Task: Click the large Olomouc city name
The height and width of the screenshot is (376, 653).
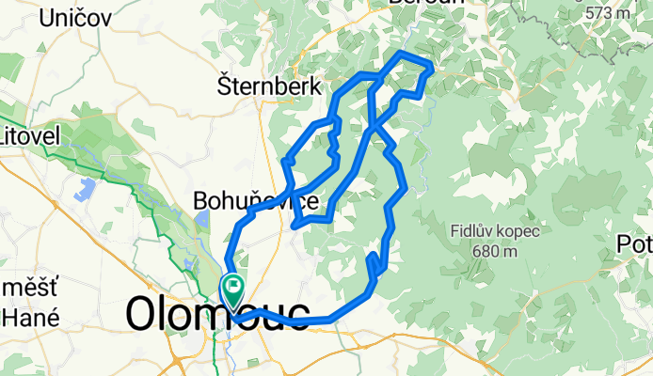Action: coord(218,313)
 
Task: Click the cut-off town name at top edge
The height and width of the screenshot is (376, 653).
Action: coord(438,3)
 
